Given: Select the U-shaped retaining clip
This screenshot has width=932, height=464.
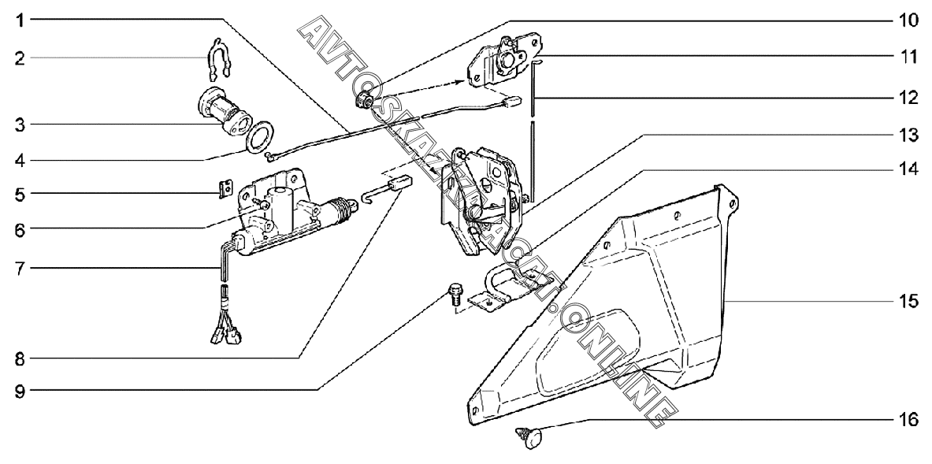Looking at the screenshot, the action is click(217, 59).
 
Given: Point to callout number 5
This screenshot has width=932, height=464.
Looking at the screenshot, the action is click(20, 194).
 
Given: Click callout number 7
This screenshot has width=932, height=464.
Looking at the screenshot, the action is click(20, 269).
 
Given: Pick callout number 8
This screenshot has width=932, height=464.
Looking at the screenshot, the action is click(20, 358).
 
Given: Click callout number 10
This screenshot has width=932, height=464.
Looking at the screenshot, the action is click(908, 21).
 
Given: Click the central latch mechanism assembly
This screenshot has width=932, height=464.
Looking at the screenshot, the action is click(481, 201).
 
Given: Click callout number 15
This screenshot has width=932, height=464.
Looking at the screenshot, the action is click(908, 301).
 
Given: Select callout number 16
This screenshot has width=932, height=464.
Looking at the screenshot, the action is click(908, 419).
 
